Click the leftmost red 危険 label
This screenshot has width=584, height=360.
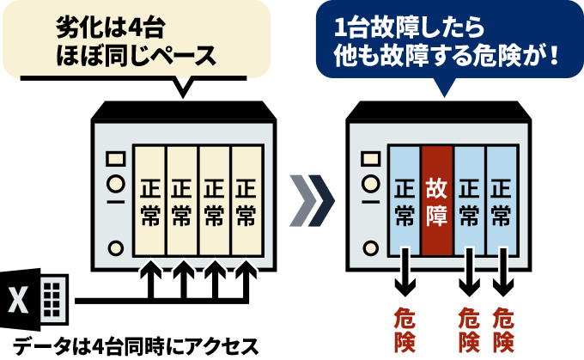[x=404, y=329]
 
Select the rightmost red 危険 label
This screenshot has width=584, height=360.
[x=503, y=329]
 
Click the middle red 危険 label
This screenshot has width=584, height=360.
[x=469, y=329]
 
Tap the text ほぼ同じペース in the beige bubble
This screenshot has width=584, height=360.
[x=134, y=58]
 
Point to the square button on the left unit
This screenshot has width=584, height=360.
[x=114, y=160]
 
